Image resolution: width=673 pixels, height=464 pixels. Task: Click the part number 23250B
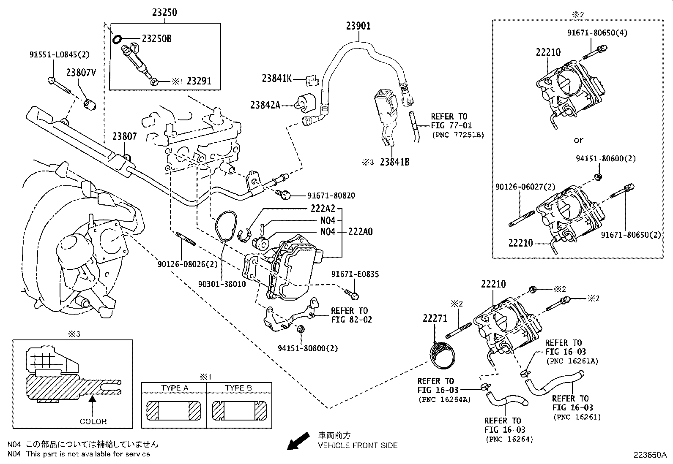156,39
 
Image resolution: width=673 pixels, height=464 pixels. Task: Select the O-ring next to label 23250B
117,40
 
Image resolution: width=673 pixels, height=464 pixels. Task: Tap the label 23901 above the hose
358,26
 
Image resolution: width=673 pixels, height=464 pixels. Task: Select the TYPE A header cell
174,388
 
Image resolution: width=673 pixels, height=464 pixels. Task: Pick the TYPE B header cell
239,388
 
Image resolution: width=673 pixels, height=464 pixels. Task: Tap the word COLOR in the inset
93,421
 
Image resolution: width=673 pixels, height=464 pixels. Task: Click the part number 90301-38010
222,285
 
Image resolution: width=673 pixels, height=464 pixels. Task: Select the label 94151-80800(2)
308,348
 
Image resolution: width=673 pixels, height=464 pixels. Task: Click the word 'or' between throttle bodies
578,140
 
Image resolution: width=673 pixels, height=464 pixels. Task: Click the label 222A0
360,232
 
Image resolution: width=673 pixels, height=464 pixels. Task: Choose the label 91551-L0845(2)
60,54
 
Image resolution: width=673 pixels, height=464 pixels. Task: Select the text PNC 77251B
458,135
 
